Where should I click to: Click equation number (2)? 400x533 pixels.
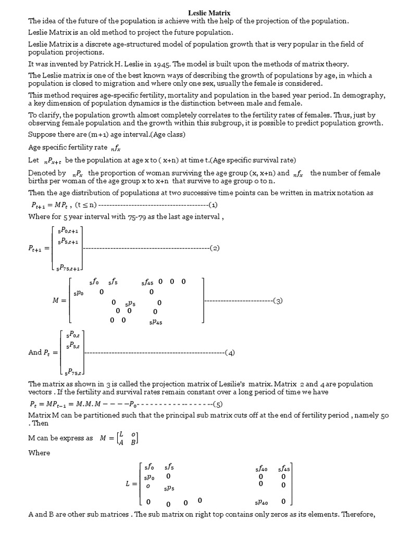click(215, 248)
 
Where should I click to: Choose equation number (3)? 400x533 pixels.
click(278, 301)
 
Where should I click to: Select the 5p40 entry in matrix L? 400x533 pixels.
click(261, 502)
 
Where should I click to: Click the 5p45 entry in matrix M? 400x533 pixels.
click(156, 322)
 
